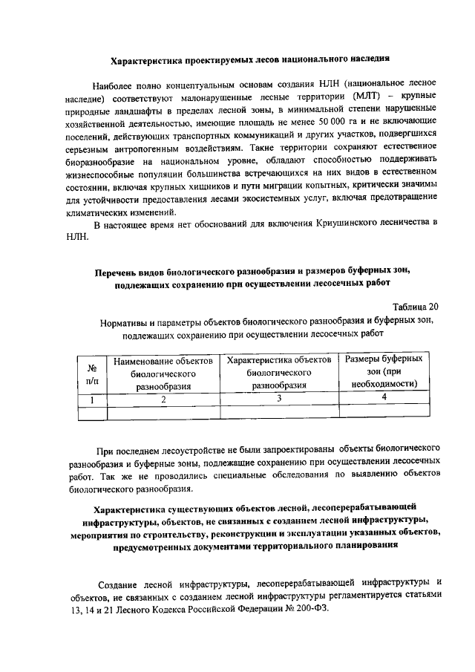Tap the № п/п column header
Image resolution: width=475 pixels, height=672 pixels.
pyautogui.click(x=94, y=373)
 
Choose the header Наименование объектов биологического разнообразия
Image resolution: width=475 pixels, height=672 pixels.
pyautogui.click(x=163, y=373)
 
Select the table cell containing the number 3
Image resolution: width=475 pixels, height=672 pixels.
pyautogui.click(x=279, y=399)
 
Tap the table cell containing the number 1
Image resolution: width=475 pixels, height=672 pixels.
pyautogui.click(x=94, y=399)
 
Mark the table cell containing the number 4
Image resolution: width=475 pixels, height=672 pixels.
pyautogui.click(x=384, y=398)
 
